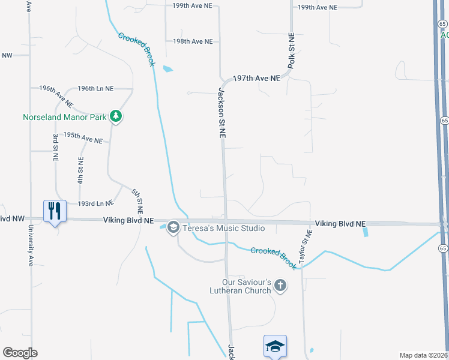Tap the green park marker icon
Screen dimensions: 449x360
[116, 116]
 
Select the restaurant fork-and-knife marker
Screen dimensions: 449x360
[54, 211]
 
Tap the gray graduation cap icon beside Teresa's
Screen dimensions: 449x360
[173, 227]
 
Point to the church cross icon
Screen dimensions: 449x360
[280, 286]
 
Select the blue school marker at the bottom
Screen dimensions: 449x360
[275, 346]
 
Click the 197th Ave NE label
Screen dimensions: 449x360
[256, 79]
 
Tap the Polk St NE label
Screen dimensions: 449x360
[291, 51]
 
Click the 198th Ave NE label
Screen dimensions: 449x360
[193, 41]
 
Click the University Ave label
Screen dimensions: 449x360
[30, 245]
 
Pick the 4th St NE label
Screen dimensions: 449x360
[80, 170]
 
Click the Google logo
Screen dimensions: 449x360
[20, 353]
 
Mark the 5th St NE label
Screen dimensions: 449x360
[137, 202]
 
